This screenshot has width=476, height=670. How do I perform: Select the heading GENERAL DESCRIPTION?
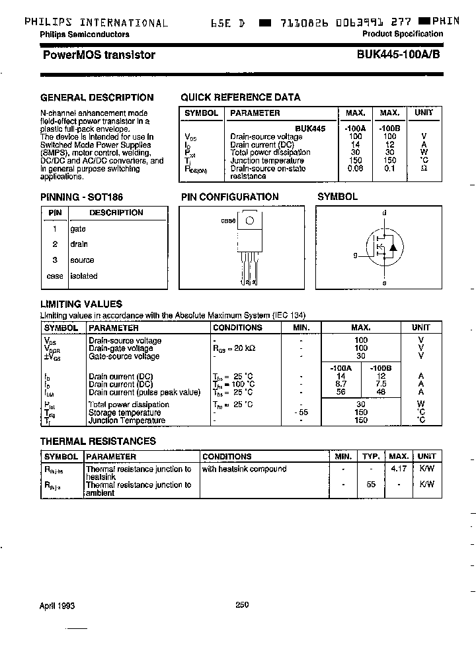[97, 97]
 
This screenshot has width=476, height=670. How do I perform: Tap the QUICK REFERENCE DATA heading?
[241, 97]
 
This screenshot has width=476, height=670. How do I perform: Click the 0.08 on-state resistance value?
[355, 169]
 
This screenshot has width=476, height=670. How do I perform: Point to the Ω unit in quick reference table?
[424, 169]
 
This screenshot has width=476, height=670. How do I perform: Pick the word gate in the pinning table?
[78, 228]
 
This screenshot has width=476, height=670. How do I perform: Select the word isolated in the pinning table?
[84, 276]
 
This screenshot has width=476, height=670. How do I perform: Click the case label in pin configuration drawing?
[228, 221]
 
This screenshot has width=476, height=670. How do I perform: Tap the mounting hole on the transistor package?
[250, 220]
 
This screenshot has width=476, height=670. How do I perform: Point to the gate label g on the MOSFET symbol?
[355, 254]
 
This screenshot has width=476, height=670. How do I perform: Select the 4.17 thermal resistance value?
[399, 469]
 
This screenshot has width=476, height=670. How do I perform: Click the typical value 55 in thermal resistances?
[371, 485]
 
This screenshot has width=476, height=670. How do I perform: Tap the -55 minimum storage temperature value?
[301, 412]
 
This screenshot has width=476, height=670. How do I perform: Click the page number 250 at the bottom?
[242, 604]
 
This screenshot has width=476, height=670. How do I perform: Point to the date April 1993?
[58, 605]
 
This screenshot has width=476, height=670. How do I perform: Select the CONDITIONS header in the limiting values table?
[237, 328]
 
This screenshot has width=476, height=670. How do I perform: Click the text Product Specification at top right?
[403, 34]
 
